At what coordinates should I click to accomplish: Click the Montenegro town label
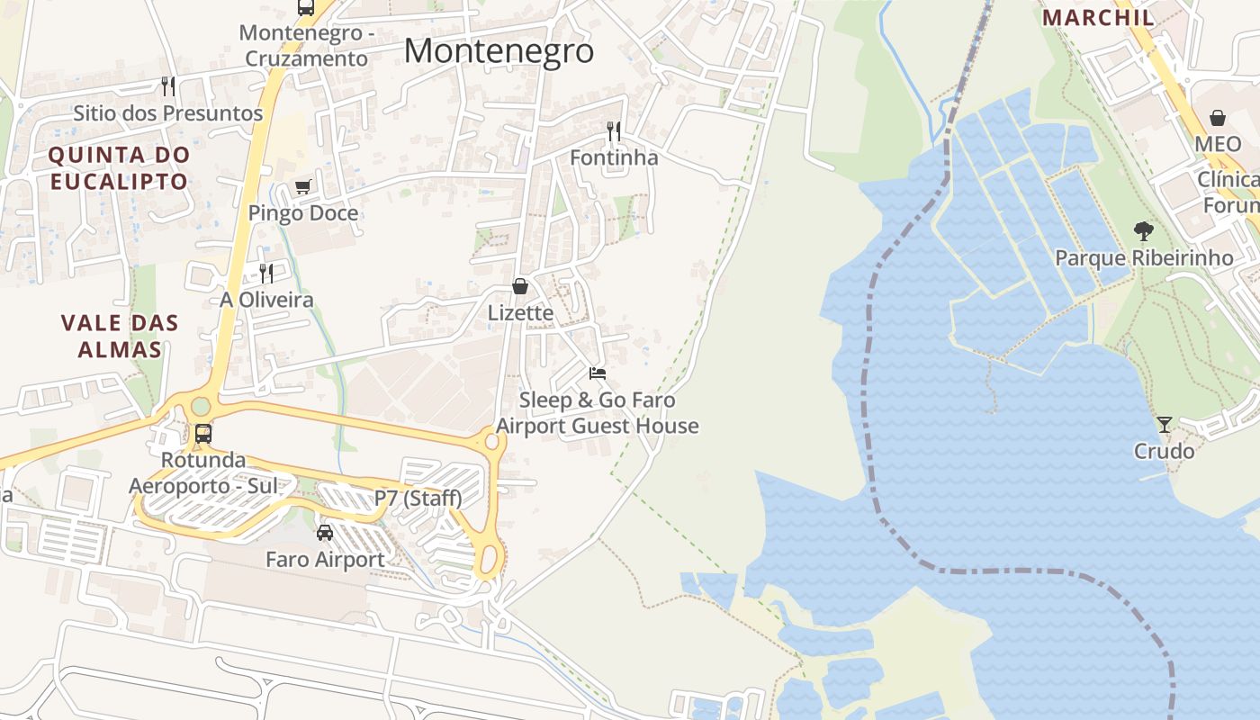click(499, 50)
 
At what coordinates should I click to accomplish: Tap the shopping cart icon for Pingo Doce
click(303, 187)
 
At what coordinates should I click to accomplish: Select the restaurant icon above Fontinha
click(614, 131)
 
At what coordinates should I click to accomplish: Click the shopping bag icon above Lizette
click(520, 286)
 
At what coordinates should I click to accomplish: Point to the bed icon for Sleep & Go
click(598, 373)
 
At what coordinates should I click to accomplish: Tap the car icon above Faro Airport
click(325, 533)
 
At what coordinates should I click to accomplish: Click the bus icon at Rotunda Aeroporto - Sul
click(203, 434)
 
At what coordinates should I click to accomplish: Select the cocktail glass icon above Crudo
click(1165, 424)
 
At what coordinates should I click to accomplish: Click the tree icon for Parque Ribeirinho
click(1143, 231)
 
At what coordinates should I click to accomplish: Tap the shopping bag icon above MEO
click(1218, 118)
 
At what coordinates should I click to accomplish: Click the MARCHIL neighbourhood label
click(1098, 17)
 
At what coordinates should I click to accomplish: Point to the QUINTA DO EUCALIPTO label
click(119, 167)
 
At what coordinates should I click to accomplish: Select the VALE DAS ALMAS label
click(120, 336)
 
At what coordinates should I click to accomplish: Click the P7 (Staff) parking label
click(418, 498)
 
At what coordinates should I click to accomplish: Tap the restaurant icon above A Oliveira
click(266, 273)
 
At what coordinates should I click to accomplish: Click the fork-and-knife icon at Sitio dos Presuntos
click(168, 86)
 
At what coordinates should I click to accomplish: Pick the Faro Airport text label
click(325, 560)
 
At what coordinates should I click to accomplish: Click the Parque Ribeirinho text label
click(1143, 258)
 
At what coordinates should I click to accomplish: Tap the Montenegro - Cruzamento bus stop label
click(303, 46)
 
